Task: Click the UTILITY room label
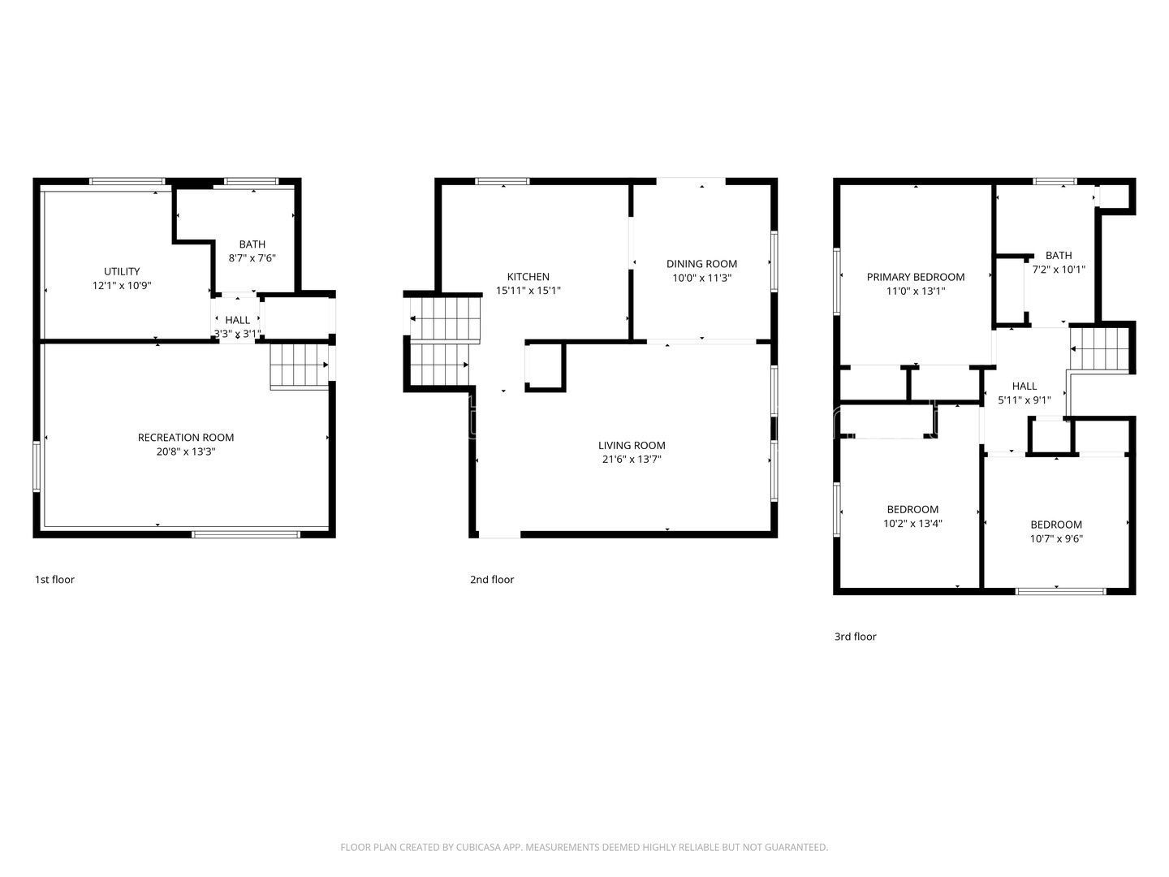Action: coord(122,271)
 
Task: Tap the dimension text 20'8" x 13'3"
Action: coord(186,451)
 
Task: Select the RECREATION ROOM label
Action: coord(186,438)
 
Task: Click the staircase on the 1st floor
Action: coord(299,365)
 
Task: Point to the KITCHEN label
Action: coord(528,277)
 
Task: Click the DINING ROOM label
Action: coord(701,264)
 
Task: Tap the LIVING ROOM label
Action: coord(632,446)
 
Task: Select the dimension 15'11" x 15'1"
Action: coord(528,291)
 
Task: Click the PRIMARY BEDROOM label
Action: coord(916,277)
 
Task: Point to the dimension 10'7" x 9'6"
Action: coord(1056,538)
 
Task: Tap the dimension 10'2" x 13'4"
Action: coord(912,524)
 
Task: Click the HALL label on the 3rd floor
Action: coord(1024,387)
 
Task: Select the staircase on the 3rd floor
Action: coord(1100,348)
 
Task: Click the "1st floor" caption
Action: coord(54,580)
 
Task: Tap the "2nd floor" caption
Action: coord(492,580)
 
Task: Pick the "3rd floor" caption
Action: coord(856,637)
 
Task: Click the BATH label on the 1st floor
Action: coord(252,244)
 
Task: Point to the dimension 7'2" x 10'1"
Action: coord(1059,270)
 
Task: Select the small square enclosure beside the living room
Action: coord(545,367)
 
